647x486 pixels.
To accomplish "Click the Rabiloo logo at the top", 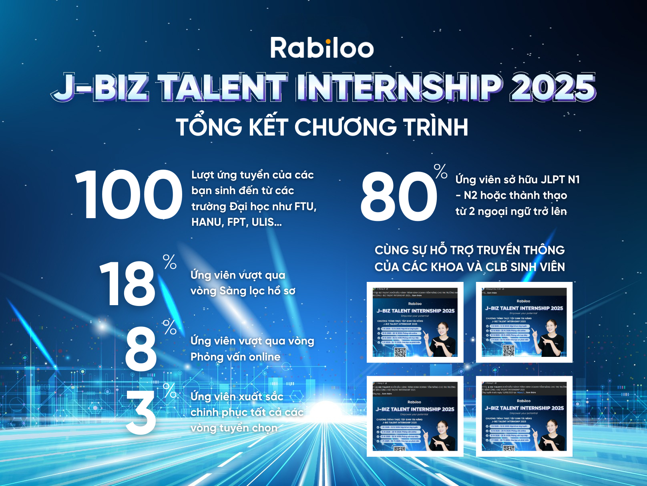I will (322, 48).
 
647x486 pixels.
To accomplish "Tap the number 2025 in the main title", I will (553, 87).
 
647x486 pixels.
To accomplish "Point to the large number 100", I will (129, 194).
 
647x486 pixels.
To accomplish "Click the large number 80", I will (399, 196).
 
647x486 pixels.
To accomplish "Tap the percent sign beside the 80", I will (440, 171).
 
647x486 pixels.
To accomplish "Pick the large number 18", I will (127, 284).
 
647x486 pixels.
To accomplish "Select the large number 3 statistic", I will (141, 413).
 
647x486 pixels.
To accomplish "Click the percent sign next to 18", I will (170, 262).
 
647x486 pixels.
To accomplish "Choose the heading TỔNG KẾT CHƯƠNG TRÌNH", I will (322, 127).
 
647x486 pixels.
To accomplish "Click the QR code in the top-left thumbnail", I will (400, 352).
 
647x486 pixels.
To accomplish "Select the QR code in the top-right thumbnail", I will (508, 350).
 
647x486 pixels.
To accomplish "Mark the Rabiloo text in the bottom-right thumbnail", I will (524, 401).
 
